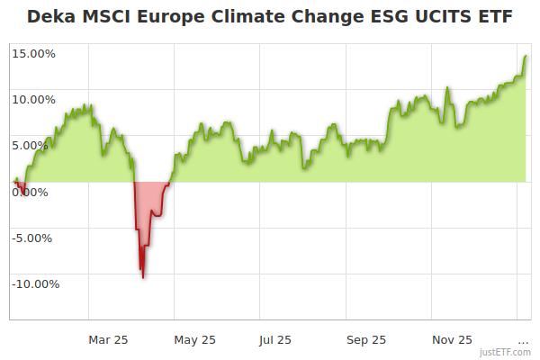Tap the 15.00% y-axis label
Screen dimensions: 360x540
33,54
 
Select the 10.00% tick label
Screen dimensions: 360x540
33,100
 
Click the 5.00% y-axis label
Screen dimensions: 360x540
36,146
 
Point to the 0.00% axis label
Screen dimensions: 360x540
36,192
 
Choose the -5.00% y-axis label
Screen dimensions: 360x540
34,238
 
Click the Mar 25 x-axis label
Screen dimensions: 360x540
108,339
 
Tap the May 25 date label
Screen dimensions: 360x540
194,339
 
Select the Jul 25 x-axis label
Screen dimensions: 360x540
275,339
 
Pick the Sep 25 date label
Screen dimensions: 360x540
366,339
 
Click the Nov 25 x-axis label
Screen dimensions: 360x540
452,339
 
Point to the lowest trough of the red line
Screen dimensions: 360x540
142,276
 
